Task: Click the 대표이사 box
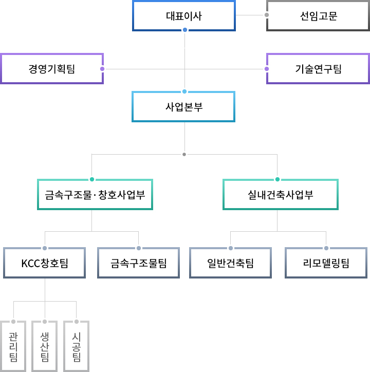click(x=184, y=16)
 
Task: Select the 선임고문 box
click(x=318, y=16)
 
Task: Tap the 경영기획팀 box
click(x=52, y=69)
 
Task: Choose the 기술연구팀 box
click(x=318, y=69)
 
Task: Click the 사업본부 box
click(x=183, y=107)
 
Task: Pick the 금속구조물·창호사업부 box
click(x=95, y=195)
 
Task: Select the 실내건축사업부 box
click(x=281, y=195)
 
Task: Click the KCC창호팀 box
click(x=45, y=264)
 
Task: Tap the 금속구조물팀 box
click(x=139, y=264)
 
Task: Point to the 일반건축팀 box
click(x=231, y=264)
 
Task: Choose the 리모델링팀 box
click(x=326, y=264)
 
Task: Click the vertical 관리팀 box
click(x=13, y=347)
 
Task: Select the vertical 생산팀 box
click(x=45, y=347)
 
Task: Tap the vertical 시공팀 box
click(x=77, y=347)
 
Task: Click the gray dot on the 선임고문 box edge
click(x=267, y=15)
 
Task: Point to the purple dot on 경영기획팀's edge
click(x=102, y=69)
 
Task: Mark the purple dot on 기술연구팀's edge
click(x=267, y=69)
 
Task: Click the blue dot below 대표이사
click(x=184, y=30)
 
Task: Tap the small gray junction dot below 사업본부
click(x=184, y=154)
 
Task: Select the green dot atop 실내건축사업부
click(x=277, y=179)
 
